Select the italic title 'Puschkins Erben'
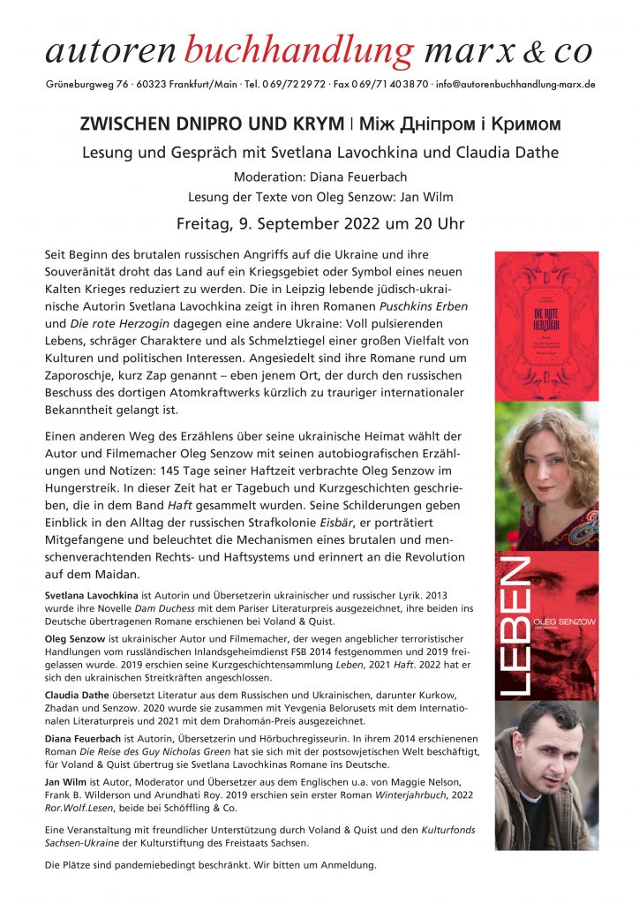[419, 305]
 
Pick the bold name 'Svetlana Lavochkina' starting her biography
[91, 598]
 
